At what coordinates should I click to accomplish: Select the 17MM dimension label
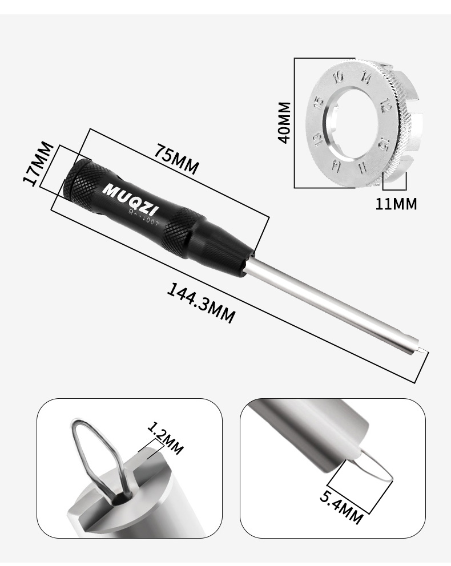pyautogui.click(x=38, y=164)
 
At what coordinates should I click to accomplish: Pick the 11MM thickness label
pyautogui.click(x=396, y=203)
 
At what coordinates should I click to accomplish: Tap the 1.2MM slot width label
pyautogui.click(x=165, y=439)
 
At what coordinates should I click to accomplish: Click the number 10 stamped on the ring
pyautogui.click(x=340, y=77)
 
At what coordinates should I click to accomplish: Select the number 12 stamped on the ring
pyautogui.click(x=385, y=105)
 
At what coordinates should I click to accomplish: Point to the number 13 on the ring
pyautogui.click(x=317, y=141)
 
